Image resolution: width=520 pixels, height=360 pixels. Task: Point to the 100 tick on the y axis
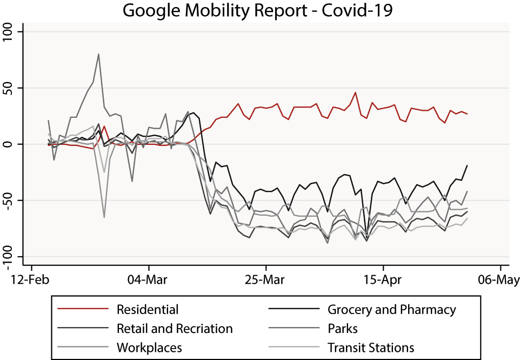[x=11, y=32]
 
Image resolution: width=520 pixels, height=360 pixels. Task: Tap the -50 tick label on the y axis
[x=11, y=201]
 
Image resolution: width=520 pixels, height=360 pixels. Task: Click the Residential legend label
[x=147, y=310]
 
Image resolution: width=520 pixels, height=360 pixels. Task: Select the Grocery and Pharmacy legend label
[x=391, y=310]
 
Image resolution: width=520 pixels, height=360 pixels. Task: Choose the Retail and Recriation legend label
[x=175, y=329]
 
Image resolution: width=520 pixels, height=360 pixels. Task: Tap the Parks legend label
[x=343, y=329]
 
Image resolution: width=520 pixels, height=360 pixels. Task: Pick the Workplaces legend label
[x=149, y=347]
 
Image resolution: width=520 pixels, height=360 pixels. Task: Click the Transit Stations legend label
[x=371, y=347]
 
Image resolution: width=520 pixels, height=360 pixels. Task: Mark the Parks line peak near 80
[x=98, y=54]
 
